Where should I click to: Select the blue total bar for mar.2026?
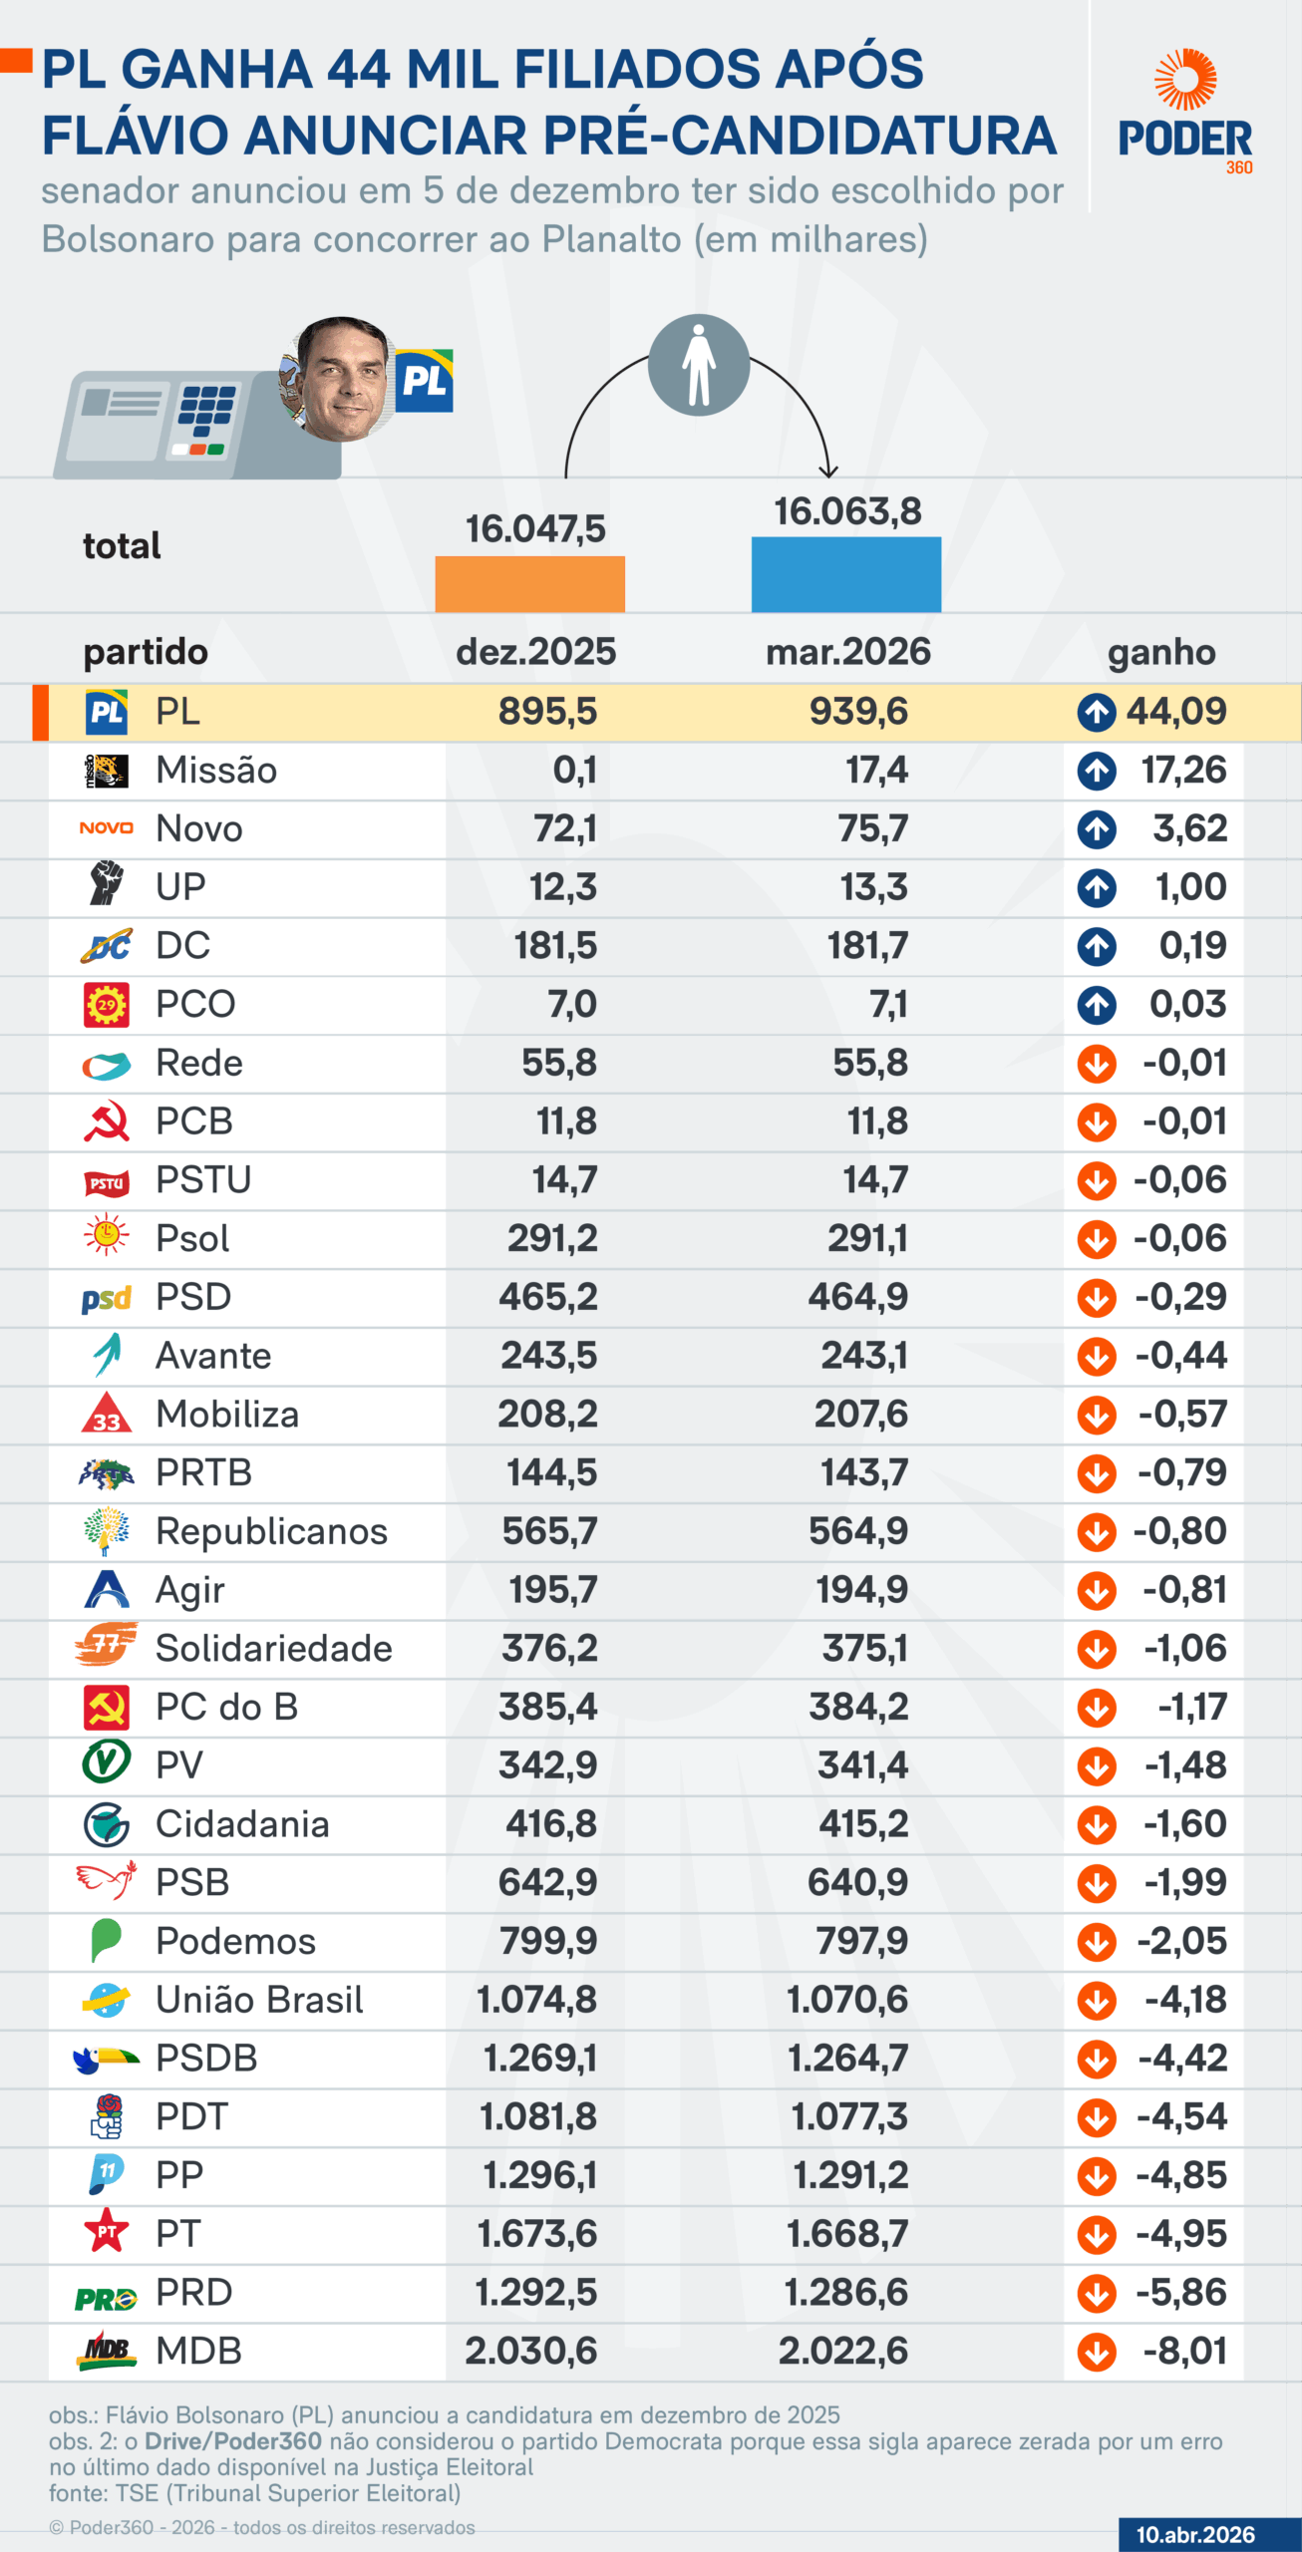pyautogui.click(x=845, y=574)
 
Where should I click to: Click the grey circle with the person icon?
pyautogui.click(x=699, y=365)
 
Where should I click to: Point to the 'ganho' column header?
pyautogui.click(x=1161, y=652)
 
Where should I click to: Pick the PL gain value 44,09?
pyautogui.click(x=1176, y=712)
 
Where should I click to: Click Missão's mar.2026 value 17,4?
pyautogui.click(x=877, y=771)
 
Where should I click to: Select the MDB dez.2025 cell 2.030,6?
pyautogui.click(x=531, y=2351)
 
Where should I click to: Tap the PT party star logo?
pyautogui.click(x=107, y=2233)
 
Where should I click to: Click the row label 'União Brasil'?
pyautogui.click(x=259, y=2000)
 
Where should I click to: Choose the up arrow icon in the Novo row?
pyautogui.click(x=1097, y=829)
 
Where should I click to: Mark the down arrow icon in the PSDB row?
pyautogui.click(x=1097, y=2059)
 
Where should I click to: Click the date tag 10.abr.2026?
pyautogui.click(x=1195, y=2534)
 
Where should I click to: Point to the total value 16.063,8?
pyautogui.click(x=848, y=511)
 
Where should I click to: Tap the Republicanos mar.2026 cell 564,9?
pyautogui.click(x=858, y=1531)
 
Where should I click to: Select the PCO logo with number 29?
pyautogui.click(x=107, y=1005)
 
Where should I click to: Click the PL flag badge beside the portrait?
pyautogui.click(x=425, y=381)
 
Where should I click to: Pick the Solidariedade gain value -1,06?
pyautogui.click(x=1184, y=1649)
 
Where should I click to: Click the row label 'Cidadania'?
pyautogui.click(x=242, y=1824)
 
